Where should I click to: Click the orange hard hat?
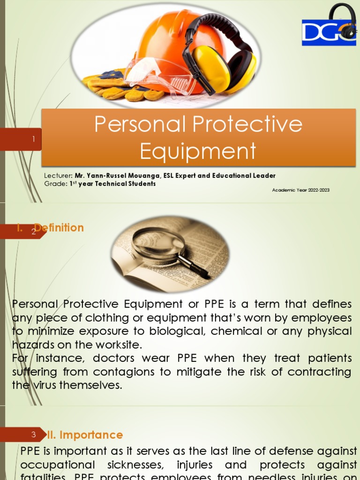(x=169, y=37)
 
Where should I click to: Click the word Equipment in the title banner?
(x=198, y=151)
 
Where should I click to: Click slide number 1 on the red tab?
(x=34, y=139)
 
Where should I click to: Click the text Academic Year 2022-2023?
(x=300, y=190)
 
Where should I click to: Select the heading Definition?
(x=59, y=228)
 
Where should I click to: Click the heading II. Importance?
(x=85, y=435)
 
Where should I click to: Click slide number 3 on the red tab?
(x=34, y=435)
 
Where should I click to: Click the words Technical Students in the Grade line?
(x=125, y=184)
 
